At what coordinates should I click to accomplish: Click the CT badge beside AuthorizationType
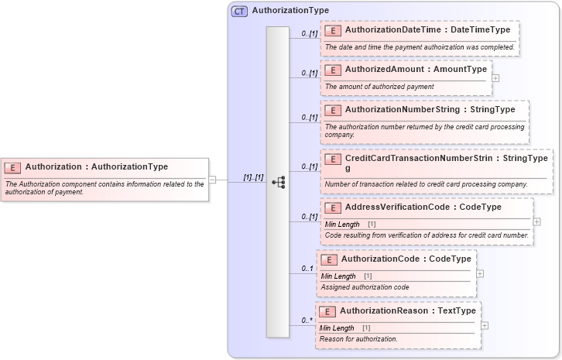coord(240,11)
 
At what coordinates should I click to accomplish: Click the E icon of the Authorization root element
coord(13,167)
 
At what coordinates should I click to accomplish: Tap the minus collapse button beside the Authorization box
coord(213,180)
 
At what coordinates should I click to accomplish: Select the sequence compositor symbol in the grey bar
coord(278,182)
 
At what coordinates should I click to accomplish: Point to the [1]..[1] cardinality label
coord(253,177)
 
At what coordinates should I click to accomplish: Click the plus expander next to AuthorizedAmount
coord(495,77)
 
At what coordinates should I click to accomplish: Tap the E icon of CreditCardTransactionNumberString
coord(333,159)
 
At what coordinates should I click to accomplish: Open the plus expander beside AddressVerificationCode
coord(537,221)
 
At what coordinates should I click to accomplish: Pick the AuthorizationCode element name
coord(379,259)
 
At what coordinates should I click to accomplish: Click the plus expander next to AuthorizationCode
coord(480,273)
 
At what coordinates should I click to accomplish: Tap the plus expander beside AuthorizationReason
coord(485,325)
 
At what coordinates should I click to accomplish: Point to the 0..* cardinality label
coord(307,321)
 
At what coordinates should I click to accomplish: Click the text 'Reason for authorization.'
coord(358,339)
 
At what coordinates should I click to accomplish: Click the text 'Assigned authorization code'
coord(365,287)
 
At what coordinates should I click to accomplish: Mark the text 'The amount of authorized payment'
coord(379,87)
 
